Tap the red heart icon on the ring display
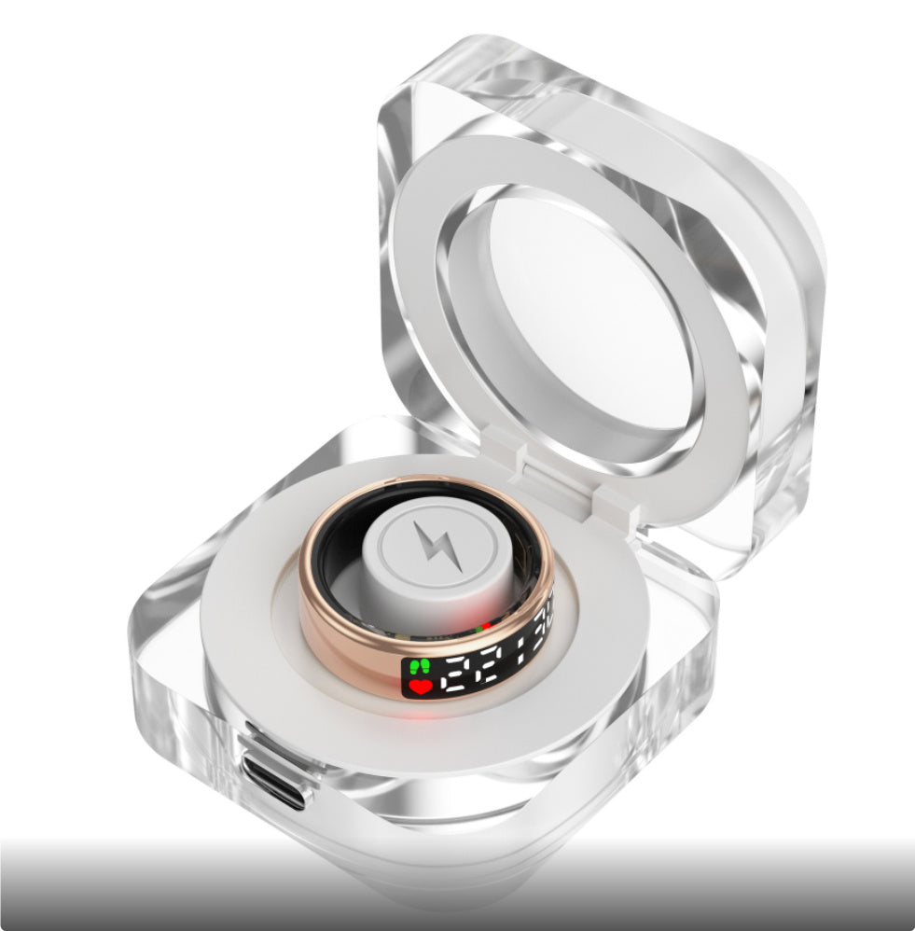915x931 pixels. tap(420, 687)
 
